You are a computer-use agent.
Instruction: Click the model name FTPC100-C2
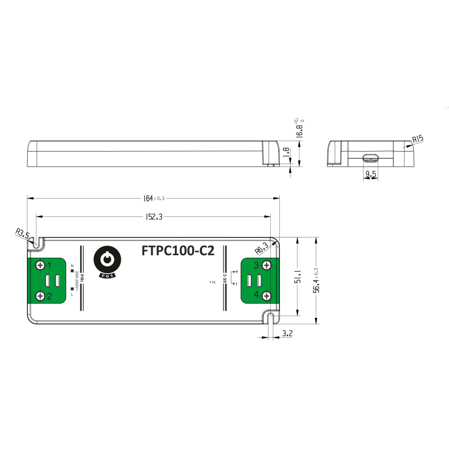point(178,251)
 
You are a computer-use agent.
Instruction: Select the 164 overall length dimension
point(149,198)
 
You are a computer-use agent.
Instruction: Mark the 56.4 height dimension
point(316,281)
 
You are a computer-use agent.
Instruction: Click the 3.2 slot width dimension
point(288,333)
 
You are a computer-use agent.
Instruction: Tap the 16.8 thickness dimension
point(299,128)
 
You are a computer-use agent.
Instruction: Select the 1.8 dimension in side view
point(285,152)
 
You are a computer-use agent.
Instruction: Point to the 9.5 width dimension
point(370,174)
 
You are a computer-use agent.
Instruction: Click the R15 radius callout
point(417,139)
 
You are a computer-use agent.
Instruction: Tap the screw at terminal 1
point(41,265)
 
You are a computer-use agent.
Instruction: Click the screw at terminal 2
point(41,296)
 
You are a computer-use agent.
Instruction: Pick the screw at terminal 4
point(267,296)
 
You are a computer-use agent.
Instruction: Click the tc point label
point(212,282)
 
